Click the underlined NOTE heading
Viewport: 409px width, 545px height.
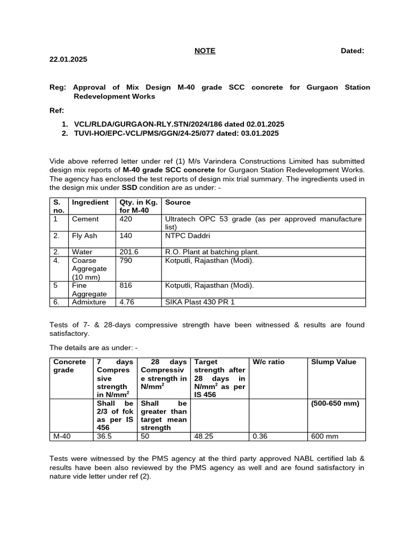(x=204, y=51)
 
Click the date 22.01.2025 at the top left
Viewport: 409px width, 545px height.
(x=68, y=60)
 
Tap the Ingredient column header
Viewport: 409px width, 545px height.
(x=90, y=202)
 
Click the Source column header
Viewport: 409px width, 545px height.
(x=178, y=202)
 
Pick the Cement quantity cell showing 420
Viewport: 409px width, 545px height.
(x=126, y=219)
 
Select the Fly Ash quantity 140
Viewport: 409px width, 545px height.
(x=126, y=235)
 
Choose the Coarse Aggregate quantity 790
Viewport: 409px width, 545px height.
(x=126, y=260)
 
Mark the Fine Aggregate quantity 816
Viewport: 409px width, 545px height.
(x=126, y=285)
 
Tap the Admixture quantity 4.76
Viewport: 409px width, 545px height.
(x=128, y=302)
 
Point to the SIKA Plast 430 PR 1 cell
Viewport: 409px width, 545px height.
(x=200, y=302)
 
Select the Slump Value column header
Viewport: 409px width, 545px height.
(x=333, y=362)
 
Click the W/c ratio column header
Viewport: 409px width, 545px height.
(x=268, y=362)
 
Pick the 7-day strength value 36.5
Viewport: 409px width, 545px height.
(x=104, y=436)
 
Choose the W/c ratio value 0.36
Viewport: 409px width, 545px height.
(x=259, y=436)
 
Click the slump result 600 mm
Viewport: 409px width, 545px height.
(x=324, y=436)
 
